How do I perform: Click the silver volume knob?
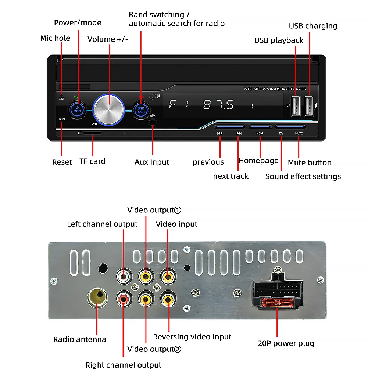tap(109, 110)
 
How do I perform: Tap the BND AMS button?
tap(141, 110)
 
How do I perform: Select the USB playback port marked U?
tap(296, 106)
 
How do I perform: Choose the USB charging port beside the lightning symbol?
tap(309, 106)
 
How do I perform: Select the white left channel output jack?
tap(124, 276)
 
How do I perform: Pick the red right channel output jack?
tap(124, 299)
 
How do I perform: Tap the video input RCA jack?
tap(168, 276)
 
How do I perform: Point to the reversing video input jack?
tap(169, 299)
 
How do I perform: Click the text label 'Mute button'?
tap(310, 163)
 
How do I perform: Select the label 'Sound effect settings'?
tap(303, 176)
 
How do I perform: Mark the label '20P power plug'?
tap(286, 344)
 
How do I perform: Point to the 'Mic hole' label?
tap(55, 38)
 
